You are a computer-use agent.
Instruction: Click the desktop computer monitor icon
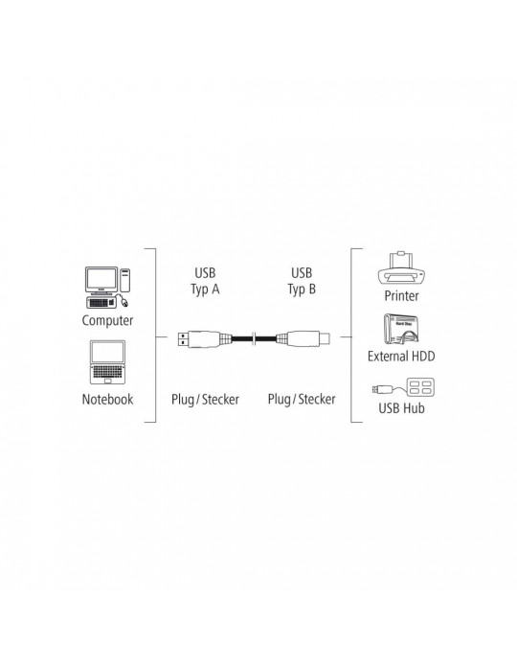[x=101, y=280]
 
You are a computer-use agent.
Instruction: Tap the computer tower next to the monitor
[x=124, y=280]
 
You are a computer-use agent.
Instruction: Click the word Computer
[x=107, y=320]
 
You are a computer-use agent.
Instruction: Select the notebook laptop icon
[x=107, y=362]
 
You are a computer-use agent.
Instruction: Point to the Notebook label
[x=107, y=400]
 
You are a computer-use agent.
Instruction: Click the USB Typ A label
[x=205, y=281]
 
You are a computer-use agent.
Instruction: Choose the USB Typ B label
[x=302, y=281]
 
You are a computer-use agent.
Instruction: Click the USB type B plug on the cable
[x=303, y=338]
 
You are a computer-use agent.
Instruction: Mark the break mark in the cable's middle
[x=255, y=339]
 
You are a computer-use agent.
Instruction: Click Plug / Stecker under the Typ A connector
[x=205, y=400]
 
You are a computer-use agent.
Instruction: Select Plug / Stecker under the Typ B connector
[x=302, y=400]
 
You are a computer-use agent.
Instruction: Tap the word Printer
[x=402, y=295]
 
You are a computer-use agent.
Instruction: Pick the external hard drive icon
[x=401, y=329]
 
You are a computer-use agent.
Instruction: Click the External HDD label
[x=401, y=356]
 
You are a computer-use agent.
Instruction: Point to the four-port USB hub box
[x=420, y=387]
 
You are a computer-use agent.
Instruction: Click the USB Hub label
[x=402, y=408]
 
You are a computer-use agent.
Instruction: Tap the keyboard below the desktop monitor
[x=101, y=302]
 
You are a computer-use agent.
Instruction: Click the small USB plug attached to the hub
[x=382, y=389]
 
